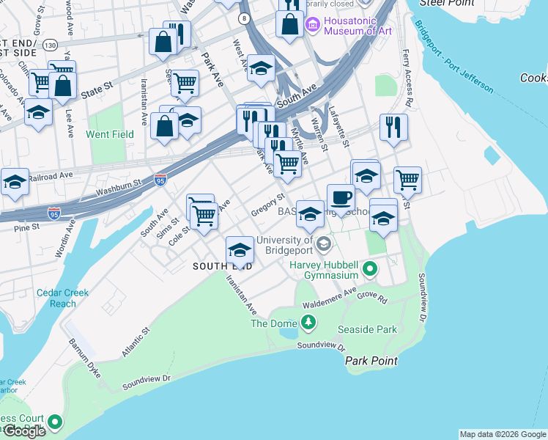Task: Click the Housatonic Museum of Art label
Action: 359,26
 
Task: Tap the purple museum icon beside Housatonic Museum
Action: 314,26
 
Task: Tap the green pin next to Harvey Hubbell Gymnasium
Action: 370,270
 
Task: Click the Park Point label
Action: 371,361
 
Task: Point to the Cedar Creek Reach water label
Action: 64,298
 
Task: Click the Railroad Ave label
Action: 51,177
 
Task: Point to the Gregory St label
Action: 267,205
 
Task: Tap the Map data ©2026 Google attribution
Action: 503,434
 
